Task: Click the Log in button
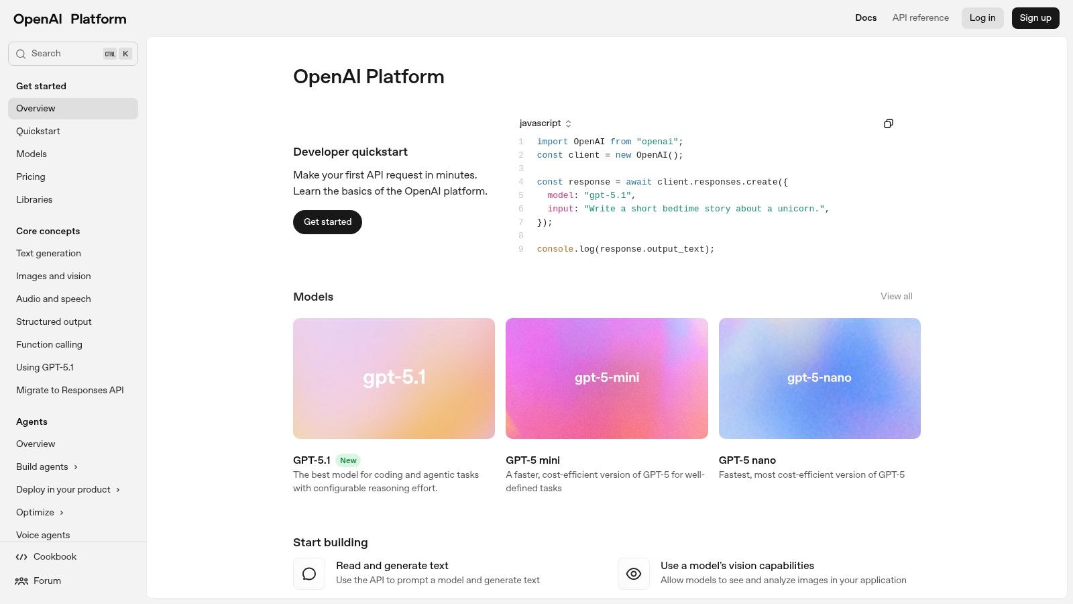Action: pos(982,18)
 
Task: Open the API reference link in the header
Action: pos(920,18)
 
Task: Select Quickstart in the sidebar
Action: pos(38,132)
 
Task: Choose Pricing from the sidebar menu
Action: pos(31,177)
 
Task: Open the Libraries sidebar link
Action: pos(34,200)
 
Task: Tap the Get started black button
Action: pos(327,222)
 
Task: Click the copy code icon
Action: pos(888,123)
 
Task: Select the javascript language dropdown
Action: pos(545,123)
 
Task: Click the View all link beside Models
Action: pos(896,297)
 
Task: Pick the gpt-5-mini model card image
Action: pos(606,379)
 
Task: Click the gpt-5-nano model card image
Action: pos(819,379)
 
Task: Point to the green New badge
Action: pos(348,460)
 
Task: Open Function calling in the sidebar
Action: pos(49,345)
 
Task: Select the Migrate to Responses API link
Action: pos(70,391)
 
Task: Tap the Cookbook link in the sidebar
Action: pos(54,557)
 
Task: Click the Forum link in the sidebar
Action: pos(47,581)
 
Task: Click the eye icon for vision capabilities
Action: pos(633,574)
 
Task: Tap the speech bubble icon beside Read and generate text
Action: pos(309,574)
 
